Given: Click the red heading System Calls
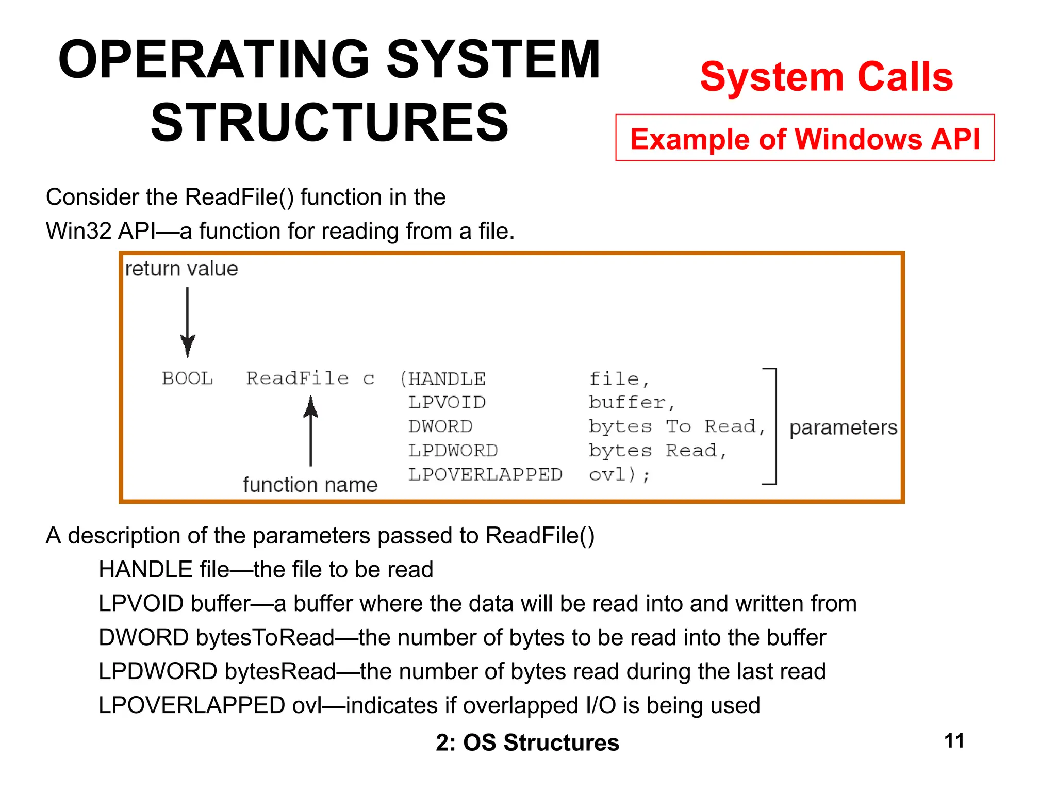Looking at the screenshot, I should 826,77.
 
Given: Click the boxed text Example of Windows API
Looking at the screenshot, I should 804,139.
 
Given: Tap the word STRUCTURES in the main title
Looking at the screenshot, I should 329,123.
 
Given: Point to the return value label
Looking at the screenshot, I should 181,269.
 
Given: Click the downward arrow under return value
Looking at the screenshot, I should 188,322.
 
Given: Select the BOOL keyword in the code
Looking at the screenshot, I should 187,378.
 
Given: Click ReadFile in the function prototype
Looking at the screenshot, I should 298,378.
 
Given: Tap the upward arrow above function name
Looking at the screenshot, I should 310,431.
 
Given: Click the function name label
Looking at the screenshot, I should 310,485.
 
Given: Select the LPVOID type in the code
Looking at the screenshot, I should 447,403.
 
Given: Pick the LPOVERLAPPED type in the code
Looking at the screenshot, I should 485,474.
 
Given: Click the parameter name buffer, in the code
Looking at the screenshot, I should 631,403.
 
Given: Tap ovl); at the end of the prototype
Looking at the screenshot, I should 619,474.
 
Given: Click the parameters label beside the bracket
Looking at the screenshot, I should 843,427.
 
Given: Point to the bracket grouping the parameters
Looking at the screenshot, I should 775,426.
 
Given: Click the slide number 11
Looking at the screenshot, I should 954,741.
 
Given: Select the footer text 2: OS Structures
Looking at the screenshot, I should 527,742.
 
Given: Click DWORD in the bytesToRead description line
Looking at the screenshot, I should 143,638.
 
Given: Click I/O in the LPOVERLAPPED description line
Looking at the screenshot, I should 601,705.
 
